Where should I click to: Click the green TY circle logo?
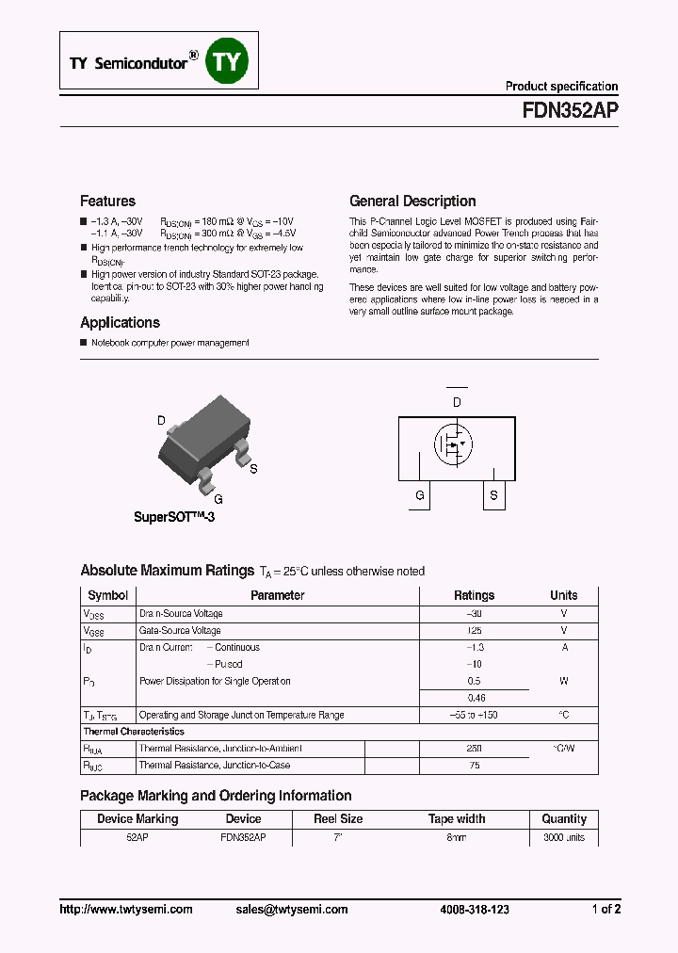click(226, 60)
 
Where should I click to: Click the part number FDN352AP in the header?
click(570, 109)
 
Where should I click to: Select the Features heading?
click(107, 201)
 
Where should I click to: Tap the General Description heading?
click(412, 201)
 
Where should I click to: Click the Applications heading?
click(120, 322)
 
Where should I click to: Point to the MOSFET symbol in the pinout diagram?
click(457, 444)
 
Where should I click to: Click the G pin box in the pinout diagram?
click(420, 494)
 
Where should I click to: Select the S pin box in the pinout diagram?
click(493, 494)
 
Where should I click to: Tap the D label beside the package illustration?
click(161, 421)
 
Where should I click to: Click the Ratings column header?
click(474, 595)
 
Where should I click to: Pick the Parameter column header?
click(277, 595)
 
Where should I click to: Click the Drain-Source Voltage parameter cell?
click(181, 613)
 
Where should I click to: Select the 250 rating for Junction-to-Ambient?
click(474, 749)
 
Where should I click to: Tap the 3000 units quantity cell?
click(564, 836)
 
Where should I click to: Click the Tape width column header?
click(457, 819)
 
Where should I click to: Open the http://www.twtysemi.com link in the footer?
click(126, 909)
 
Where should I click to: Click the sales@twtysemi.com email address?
click(292, 909)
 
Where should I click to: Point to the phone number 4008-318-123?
click(475, 909)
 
